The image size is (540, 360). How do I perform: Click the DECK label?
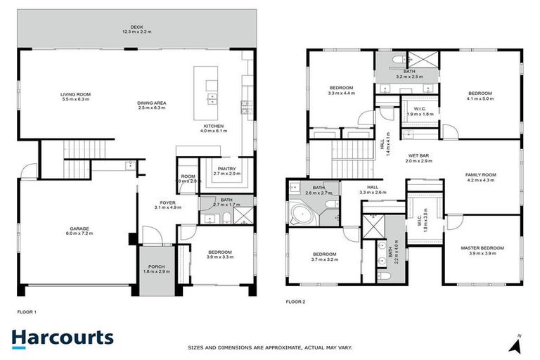coord(136,27)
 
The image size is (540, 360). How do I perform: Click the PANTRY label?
coord(226,168)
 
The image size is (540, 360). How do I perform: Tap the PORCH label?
coord(152,266)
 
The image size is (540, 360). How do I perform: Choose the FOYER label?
coord(167,202)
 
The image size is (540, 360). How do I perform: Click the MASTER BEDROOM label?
coord(482,248)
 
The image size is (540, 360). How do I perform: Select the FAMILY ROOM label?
coord(481,174)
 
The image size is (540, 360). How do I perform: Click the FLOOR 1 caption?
coord(26,311)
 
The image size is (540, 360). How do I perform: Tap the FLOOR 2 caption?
coord(295,302)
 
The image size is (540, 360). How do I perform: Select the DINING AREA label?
coord(152,103)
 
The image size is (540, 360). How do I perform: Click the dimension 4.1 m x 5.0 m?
coord(480,99)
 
